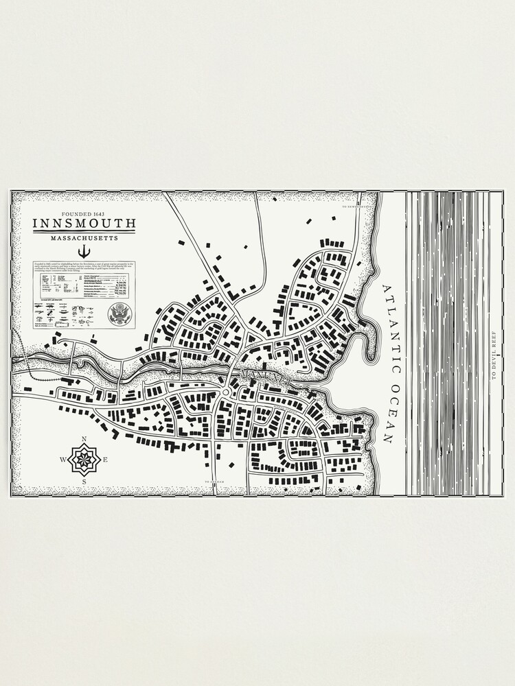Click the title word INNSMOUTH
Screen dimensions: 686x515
[84, 224]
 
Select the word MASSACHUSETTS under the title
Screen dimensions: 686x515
[84, 238]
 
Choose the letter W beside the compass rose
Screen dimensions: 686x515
[63, 460]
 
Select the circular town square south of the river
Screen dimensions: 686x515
[225, 392]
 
